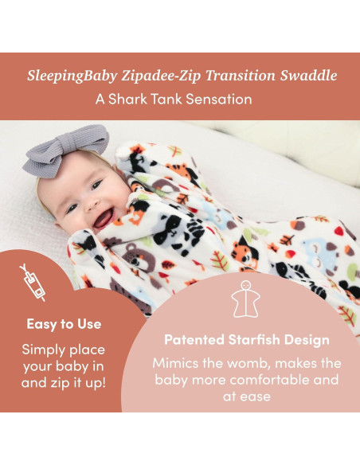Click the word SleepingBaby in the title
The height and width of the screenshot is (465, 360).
tap(71, 76)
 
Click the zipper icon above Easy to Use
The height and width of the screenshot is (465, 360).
tap(33, 283)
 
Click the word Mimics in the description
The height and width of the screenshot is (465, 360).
tap(177, 362)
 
